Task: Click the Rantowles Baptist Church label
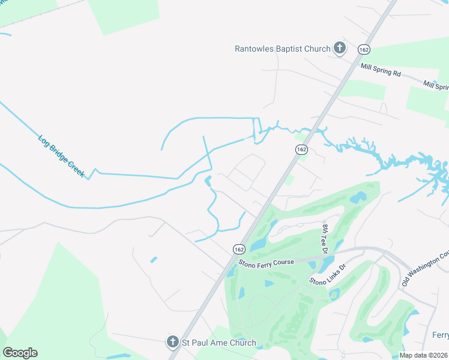(x=283, y=49)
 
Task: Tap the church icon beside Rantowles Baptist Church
(x=340, y=49)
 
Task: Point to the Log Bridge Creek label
(x=62, y=157)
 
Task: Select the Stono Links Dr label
(x=328, y=274)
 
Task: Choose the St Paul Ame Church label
(x=218, y=343)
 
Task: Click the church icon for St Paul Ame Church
(x=172, y=342)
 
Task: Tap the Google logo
(x=20, y=353)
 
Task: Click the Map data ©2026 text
(x=423, y=355)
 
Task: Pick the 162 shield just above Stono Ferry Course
(x=239, y=248)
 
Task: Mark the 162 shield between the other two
(x=301, y=149)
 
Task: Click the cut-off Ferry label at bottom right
(x=440, y=334)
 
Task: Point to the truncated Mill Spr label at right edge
(x=436, y=86)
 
